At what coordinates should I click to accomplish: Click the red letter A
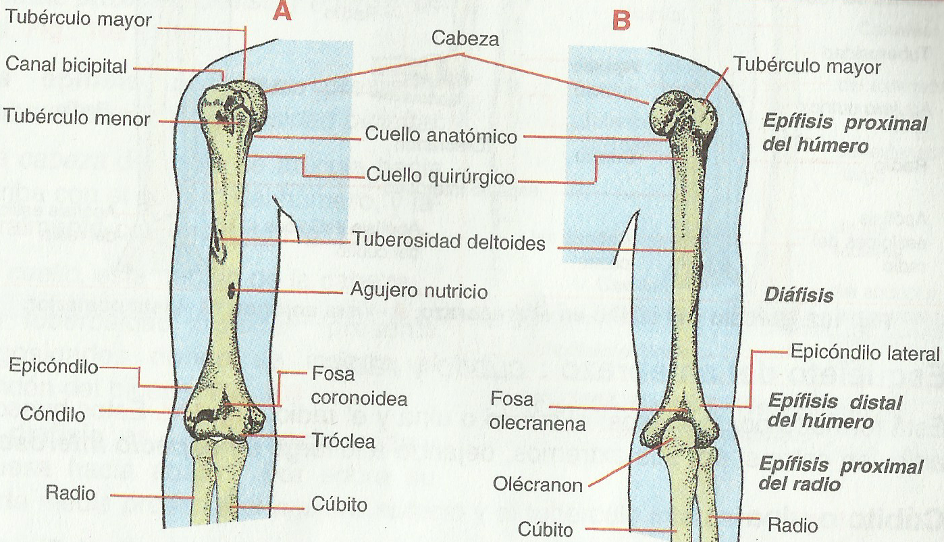[x=282, y=13]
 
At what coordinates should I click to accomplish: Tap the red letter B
[x=621, y=21]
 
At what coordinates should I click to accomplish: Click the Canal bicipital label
[x=66, y=66]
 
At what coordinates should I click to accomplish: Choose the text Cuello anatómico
[x=441, y=135]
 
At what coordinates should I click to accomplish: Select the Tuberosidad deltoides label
[x=448, y=242]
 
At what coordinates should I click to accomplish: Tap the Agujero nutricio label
[x=419, y=292]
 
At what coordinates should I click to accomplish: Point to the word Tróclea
[x=344, y=441]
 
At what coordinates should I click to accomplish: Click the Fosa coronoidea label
[x=350, y=386]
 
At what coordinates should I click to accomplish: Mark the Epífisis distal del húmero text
[x=835, y=412]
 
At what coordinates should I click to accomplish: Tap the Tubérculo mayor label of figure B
[x=806, y=67]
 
